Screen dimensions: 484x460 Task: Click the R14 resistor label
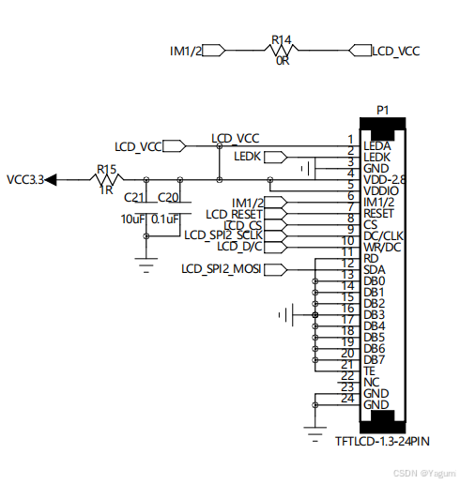283,40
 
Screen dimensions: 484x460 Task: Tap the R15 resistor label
106,170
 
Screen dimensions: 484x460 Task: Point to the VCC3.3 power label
25,179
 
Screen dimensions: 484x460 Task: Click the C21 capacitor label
134,197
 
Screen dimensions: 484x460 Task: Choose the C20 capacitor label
169,197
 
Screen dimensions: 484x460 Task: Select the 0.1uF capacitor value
166,219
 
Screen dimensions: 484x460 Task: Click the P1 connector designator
382,110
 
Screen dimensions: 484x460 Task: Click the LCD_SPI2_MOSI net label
222,270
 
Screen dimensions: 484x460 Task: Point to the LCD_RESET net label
235,215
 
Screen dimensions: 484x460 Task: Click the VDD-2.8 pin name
385,179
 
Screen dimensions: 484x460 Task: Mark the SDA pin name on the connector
374,270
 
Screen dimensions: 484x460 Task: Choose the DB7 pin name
374,359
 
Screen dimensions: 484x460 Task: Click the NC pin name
371,382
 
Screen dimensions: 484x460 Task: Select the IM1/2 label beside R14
186,51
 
